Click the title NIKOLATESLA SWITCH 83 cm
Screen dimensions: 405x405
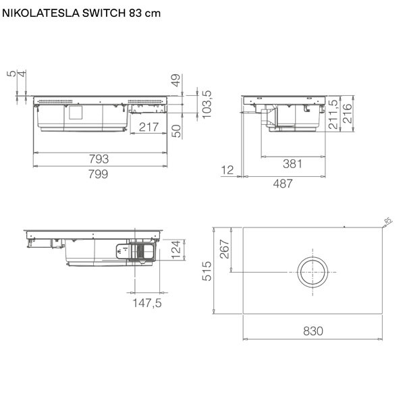click(x=82, y=13)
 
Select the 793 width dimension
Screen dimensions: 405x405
click(x=99, y=159)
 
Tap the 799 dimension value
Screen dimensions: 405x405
click(x=98, y=174)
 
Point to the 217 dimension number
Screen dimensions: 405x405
click(x=148, y=127)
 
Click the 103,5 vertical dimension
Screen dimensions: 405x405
click(x=207, y=105)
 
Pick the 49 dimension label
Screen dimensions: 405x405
click(x=176, y=80)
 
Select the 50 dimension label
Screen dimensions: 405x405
click(x=176, y=131)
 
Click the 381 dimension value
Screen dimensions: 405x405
click(x=292, y=164)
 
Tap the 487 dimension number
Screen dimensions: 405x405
click(x=283, y=184)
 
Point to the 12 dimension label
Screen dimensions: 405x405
click(x=227, y=170)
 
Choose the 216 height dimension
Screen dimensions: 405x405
click(x=348, y=113)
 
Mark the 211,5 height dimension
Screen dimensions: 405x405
click(x=333, y=114)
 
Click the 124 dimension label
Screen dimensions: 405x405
click(x=176, y=250)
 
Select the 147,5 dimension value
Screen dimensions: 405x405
click(x=147, y=303)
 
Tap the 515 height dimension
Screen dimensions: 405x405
click(x=207, y=271)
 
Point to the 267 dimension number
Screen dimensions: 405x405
click(x=225, y=249)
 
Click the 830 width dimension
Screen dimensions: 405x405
click(x=313, y=331)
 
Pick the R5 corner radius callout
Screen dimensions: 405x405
click(x=388, y=221)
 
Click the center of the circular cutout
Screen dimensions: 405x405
click(x=313, y=272)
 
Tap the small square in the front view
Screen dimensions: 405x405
click(x=76, y=113)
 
